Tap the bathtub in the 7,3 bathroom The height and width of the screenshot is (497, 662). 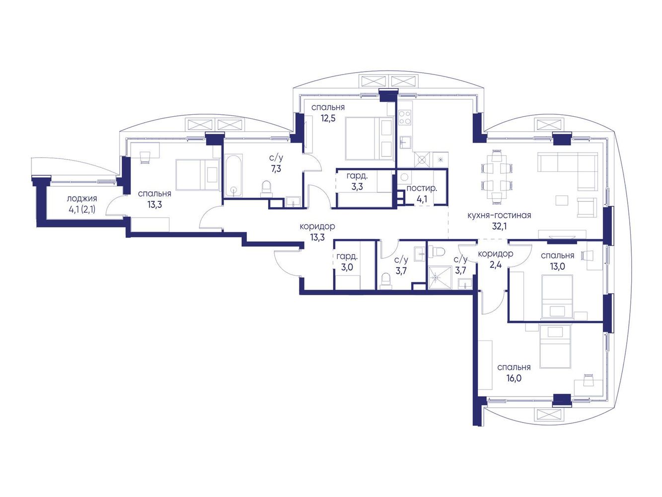[233, 176]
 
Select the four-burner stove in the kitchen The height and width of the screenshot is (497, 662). [404, 118]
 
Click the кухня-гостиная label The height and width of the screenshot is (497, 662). [499, 216]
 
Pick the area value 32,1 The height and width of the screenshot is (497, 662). [499, 226]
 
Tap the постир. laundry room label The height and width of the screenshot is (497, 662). [421, 188]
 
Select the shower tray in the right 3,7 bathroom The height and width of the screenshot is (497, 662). [440, 277]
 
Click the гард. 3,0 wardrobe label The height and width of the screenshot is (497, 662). [347, 262]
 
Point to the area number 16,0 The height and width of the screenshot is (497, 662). [514, 378]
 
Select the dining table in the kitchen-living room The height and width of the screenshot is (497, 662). [496, 177]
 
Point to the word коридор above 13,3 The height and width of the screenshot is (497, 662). [317, 226]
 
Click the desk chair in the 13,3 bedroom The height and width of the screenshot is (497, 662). [146, 157]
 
